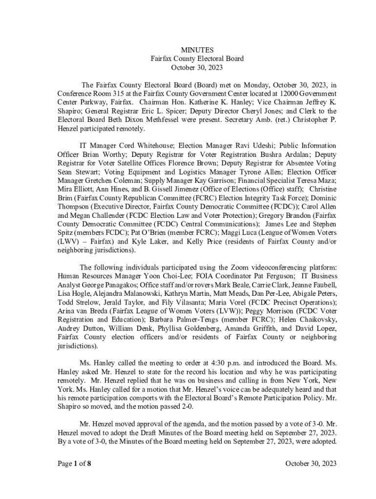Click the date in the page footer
click(x=311, y=463)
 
